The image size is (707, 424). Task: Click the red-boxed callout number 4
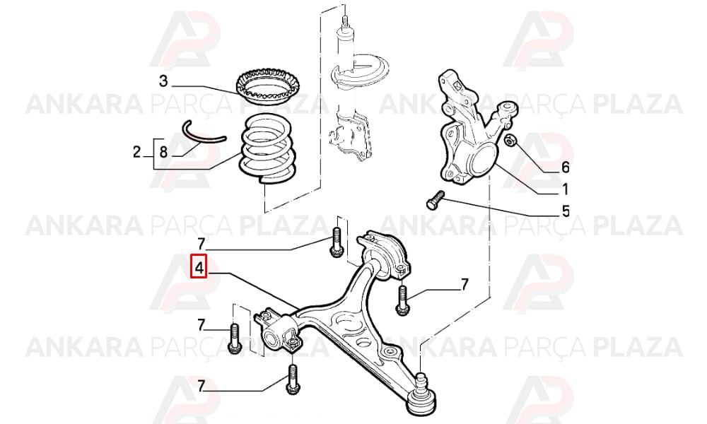coord(199,266)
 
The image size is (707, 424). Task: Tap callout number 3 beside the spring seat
coord(163,81)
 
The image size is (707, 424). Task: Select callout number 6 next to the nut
coord(565,167)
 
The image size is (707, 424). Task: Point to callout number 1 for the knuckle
coord(564,189)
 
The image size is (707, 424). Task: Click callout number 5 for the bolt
coord(565,211)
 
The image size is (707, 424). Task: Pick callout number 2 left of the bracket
coord(137,152)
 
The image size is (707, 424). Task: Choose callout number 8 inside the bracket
coord(163,152)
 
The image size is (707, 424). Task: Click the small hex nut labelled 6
coord(511,141)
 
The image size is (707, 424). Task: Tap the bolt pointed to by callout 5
coord(435,199)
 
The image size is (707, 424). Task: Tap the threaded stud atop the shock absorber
coord(344,20)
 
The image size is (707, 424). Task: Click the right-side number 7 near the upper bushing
coord(464,284)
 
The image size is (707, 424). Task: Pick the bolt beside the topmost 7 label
coord(337,243)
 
